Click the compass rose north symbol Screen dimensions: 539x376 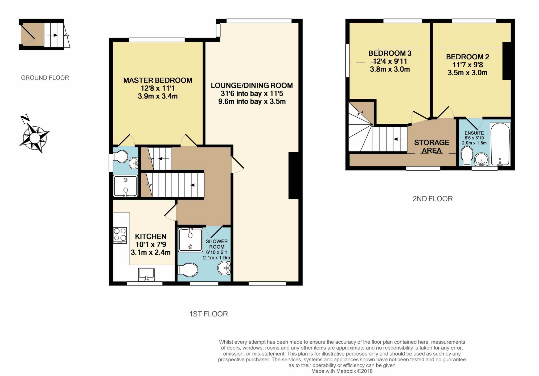click(x=35, y=134)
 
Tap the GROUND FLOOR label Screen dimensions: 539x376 click(x=45, y=78)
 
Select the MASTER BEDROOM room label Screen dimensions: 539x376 click(x=158, y=80)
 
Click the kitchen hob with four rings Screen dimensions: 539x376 click(x=120, y=235)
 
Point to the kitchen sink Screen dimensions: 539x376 click(x=146, y=274)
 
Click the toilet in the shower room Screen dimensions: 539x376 click(x=188, y=270)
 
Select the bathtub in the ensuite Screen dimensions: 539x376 click(x=500, y=144)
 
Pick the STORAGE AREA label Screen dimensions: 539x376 click(x=432, y=147)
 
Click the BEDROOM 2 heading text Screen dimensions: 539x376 click(x=468, y=57)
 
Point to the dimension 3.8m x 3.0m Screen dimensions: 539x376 click(x=390, y=69)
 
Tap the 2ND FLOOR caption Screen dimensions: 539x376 click(x=433, y=199)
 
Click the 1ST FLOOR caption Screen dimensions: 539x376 click(x=208, y=314)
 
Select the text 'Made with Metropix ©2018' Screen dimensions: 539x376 click(x=342, y=371)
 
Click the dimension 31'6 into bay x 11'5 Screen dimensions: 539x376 click(x=252, y=94)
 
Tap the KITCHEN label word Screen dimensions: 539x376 click(x=151, y=236)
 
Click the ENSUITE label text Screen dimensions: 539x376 click(x=474, y=133)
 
